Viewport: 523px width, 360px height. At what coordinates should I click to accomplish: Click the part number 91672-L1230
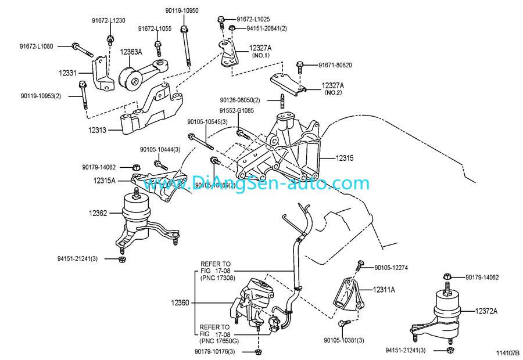pyautogui.click(x=108, y=20)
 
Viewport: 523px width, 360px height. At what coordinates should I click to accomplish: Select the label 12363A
pyautogui.click(x=131, y=52)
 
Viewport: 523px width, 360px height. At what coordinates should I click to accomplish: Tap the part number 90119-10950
pyautogui.click(x=181, y=11)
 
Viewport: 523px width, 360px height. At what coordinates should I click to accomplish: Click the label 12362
pyautogui.click(x=98, y=213)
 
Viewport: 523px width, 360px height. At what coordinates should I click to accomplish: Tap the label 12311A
pyautogui.click(x=384, y=289)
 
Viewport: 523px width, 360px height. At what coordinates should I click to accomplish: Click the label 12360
pyautogui.click(x=181, y=303)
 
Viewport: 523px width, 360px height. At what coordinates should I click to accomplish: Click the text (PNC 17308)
pyautogui.click(x=218, y=278)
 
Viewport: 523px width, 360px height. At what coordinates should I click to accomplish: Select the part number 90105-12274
pyautogui.click(x=391, y=268)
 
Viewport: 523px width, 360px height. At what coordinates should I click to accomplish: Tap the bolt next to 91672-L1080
pyautogui.click(x=78, y=46)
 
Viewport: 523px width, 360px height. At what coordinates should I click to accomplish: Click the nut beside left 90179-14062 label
pyautogui.click(x=137, y=167)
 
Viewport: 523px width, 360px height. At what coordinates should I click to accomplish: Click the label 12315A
pyautogui.click(x=105, y=181)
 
